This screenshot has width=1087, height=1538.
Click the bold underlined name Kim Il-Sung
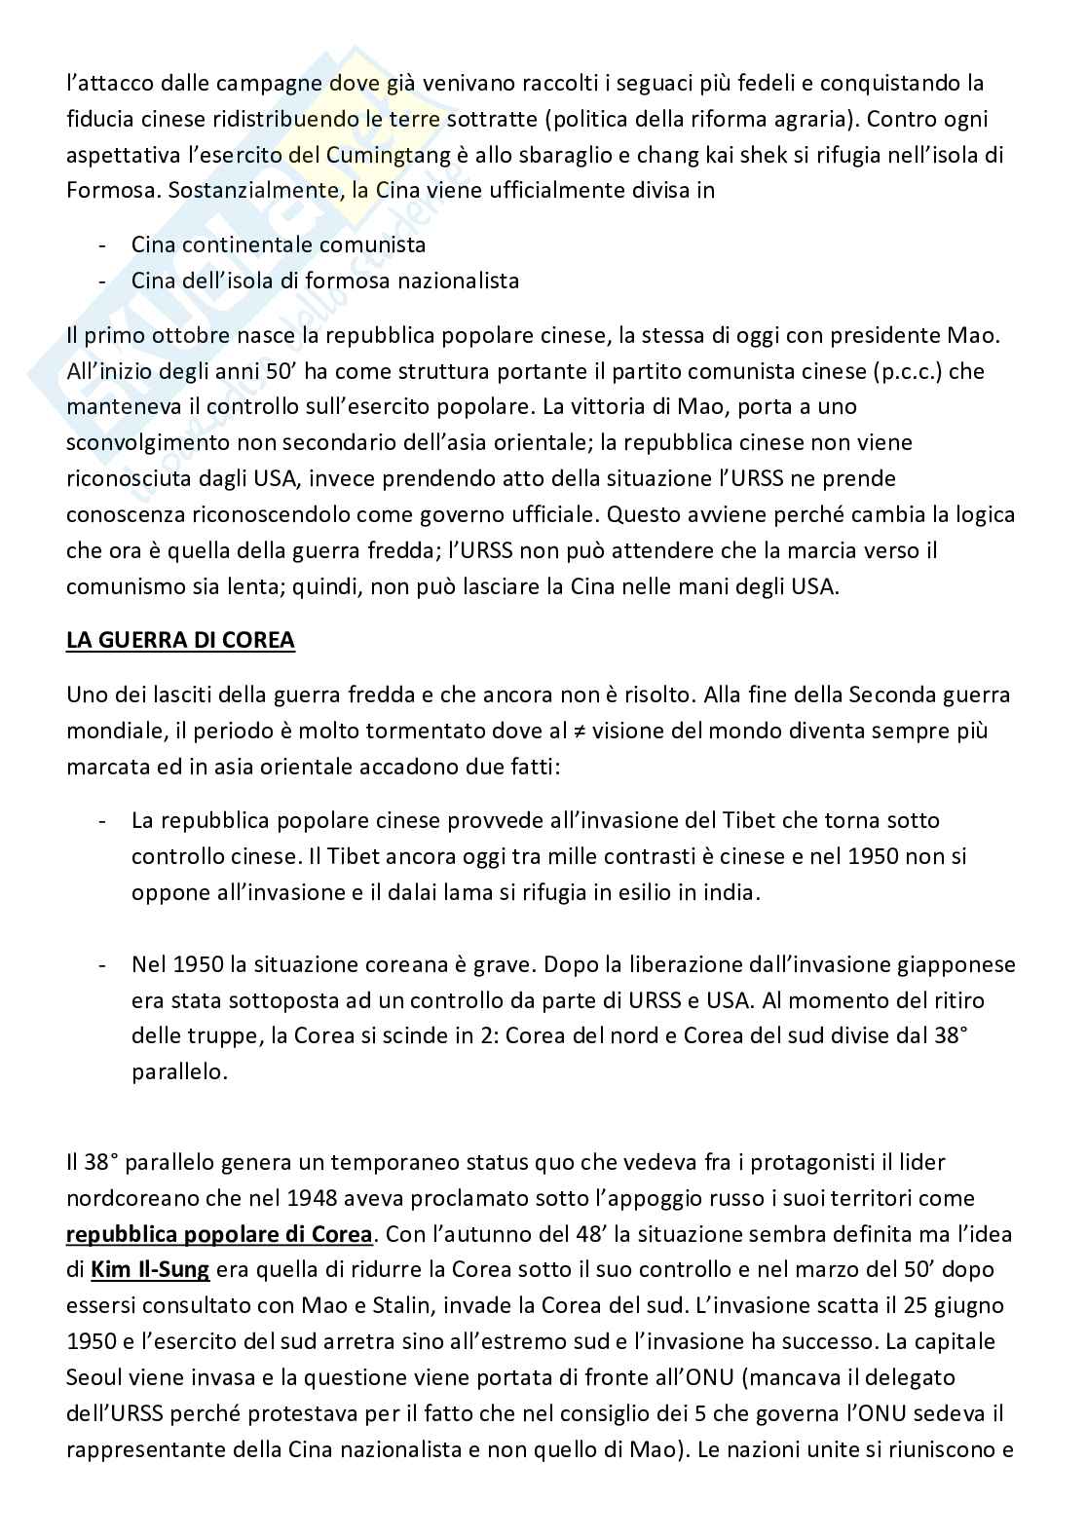click(x=150, y=1269)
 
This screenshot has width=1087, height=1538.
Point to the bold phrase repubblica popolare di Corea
click(x=219, y=1233)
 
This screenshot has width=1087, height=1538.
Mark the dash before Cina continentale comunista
click(x=101, y=244)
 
